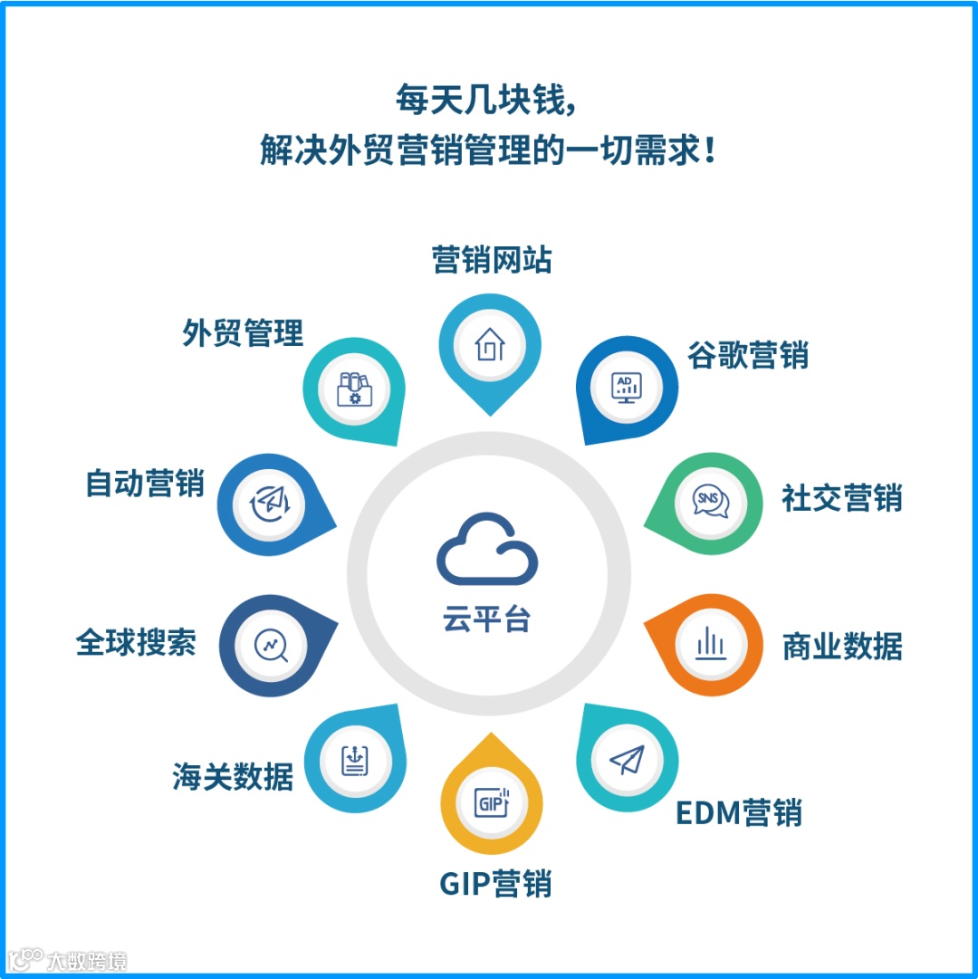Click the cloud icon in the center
[487, 549]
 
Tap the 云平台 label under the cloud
[487, 620]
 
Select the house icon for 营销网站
[490, 344]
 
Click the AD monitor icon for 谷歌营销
[627, 389]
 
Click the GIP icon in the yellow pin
[490, 801]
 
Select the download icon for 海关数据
[355, 759]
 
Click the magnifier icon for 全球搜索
[271, 646]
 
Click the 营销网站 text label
[491, 261]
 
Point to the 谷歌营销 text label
[748, 355]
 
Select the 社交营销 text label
[842, 498]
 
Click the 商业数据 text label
[842, 647]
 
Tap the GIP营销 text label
[495, 883]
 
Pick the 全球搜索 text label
[136, 643]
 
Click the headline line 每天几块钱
[487, 100]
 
